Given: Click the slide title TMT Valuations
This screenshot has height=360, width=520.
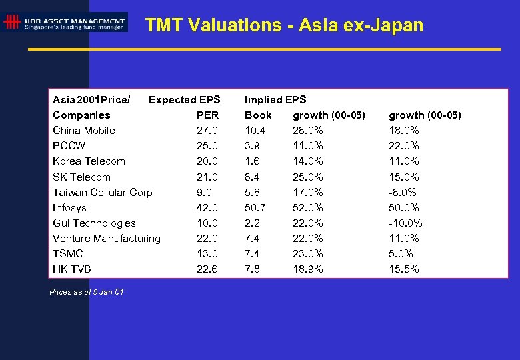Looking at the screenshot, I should click(x=284, y=25).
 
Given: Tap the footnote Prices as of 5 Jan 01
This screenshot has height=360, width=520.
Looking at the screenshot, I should click(x=87, y=292).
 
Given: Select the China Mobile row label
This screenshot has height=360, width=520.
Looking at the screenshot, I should click(x=84, y=130).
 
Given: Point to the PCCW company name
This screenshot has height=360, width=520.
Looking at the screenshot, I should click(x=69, y=145).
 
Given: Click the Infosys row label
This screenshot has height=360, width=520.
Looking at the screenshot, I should click(x=70, y=207).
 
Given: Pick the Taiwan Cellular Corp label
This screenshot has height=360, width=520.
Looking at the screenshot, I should click(x=103, y=192).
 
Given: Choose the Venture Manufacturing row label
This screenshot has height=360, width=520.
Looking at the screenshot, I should click(x=107, y=238).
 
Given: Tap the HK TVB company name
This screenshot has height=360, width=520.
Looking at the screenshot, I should click(x=72, y=269).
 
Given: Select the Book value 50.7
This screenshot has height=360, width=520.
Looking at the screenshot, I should click(x=255, y=207).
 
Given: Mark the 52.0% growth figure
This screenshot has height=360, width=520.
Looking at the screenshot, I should click(x=308, y=207).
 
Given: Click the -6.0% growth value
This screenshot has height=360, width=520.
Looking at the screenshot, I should click(x=403, y=192).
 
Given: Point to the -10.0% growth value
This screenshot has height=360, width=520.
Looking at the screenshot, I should click(x=405, y=223).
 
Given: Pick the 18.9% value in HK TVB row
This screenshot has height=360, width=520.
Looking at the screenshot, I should click(x=308, y=269).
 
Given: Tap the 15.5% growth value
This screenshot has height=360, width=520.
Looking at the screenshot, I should click(x=404, y=269).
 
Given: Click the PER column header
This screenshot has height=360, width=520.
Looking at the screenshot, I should click(x=208, y=115).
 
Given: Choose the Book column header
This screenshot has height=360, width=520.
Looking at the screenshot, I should click(x=258, y=115).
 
